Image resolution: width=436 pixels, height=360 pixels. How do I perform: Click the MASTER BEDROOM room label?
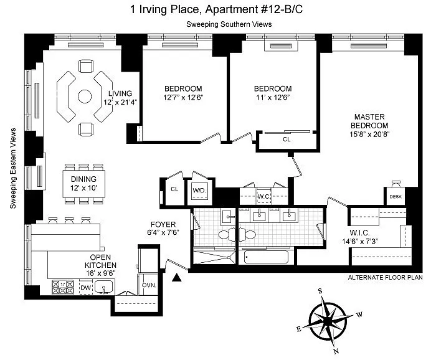pos(369,121)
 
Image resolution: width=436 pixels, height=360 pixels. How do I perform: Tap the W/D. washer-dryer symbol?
pos(200,191)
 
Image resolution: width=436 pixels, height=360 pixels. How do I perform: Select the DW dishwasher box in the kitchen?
pos(85,287)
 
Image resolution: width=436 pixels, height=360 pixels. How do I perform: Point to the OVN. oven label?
pos(149,285)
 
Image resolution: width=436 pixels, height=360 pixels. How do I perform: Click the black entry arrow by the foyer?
pos(176,277)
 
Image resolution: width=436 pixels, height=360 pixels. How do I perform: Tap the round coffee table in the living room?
pos(85,97)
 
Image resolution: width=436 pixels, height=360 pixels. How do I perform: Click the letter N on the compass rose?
pos(336,351)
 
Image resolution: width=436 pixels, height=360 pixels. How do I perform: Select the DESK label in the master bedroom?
pos(396,197)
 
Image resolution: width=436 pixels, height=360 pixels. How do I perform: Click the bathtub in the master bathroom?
pos(266,257)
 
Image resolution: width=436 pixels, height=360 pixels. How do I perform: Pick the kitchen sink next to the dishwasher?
pos(103,287)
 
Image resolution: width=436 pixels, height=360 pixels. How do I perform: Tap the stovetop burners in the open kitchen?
pos(63,287)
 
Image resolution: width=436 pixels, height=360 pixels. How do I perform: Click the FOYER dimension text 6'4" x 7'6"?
pos(163,232)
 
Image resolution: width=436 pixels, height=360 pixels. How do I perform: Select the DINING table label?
pos(83,179)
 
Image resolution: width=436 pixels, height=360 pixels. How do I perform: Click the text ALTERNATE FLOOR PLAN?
pos(385,277)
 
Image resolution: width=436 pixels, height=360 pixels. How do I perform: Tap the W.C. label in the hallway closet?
pos(263,197)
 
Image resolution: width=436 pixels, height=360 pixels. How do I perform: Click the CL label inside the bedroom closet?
pos(287,140)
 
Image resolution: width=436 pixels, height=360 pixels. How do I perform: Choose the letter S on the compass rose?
pos(320,291)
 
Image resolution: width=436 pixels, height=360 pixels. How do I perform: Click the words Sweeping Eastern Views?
pos(13,168)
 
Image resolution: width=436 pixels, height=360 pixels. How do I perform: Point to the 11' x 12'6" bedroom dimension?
pos(273,98)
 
